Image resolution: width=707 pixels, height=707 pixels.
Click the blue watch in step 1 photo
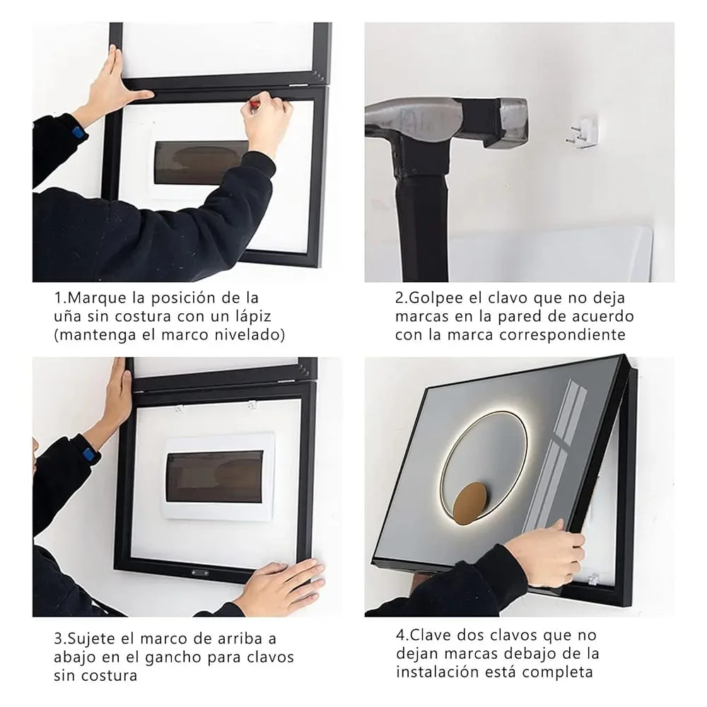pyautogui.click(x=79, y=133)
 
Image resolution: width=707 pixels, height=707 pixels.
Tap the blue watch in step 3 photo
pyautogui.click(x=89, y=454)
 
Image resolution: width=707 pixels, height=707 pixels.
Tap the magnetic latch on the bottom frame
pyautogui.click(x=199, y=573)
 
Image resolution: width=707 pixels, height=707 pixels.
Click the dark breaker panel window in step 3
pyautogui.click(x=215, y=477)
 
